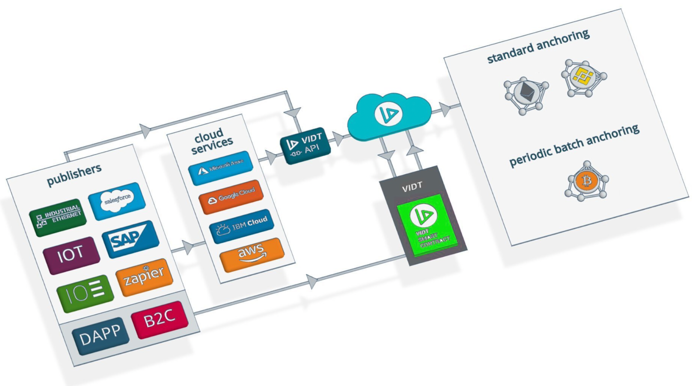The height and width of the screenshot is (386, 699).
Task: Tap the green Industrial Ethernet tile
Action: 58,217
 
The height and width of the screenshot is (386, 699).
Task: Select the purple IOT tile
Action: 71,255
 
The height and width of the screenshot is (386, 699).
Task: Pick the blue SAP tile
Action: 130,239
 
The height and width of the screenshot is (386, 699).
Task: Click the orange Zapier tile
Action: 144,277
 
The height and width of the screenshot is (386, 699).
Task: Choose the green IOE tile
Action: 85,293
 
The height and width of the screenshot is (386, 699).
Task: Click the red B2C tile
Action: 159,319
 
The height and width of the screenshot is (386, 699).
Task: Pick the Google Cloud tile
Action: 231,196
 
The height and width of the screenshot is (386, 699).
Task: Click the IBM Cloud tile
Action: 242,226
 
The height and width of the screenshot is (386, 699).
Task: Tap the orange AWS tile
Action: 252,255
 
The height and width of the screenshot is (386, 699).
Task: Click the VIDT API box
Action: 305,145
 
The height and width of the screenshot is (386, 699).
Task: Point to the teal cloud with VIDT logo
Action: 388,116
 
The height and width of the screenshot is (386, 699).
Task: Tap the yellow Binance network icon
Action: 584,78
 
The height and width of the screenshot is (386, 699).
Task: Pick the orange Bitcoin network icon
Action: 587,181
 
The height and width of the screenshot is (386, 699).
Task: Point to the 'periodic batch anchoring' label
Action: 574,145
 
